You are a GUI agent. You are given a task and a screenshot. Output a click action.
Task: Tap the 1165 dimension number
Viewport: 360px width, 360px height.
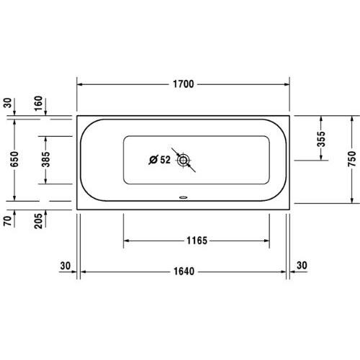pyautogui.click(x=196, y=240)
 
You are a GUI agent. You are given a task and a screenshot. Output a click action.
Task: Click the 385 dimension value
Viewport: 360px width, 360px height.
pyautogui.click(x=46, y=159)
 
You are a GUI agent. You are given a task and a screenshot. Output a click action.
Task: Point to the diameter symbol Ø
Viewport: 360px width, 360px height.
pyautogui.click(x=153, y=160)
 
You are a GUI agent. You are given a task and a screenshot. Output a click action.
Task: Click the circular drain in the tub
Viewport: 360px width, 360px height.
pyautogui.click(x=184, y=160)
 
